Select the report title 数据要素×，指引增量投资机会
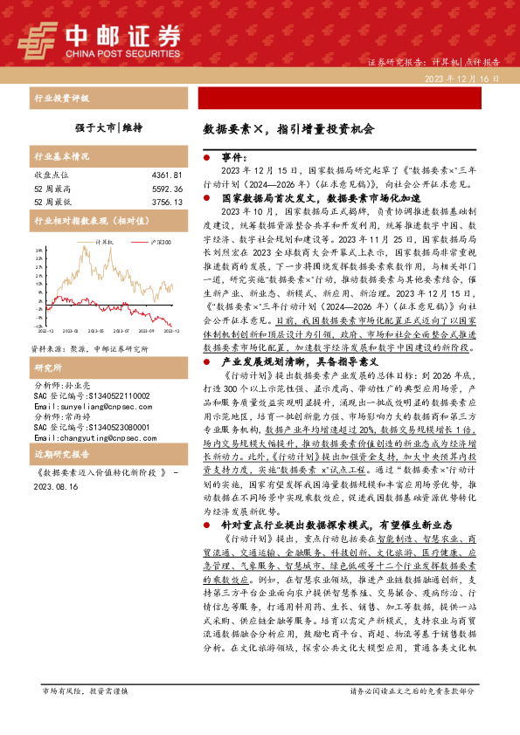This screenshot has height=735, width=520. coord(288,127)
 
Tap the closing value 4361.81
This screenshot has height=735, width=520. coord(165,175)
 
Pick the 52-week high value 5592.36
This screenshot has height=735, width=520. coord(165,188)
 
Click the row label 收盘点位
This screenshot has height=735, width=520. coord(51,175)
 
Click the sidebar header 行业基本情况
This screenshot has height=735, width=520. coord(61,157)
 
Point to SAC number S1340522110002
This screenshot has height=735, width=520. coord(92,370)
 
